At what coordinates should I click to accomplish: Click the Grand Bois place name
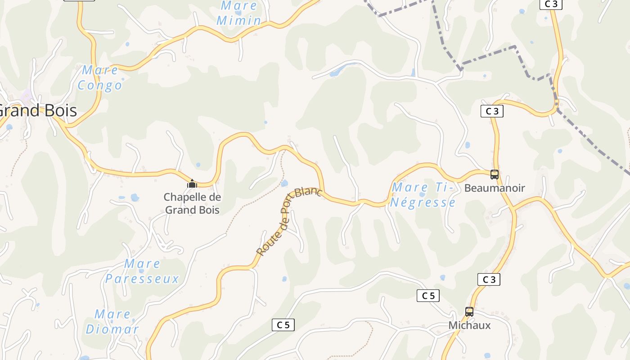38,111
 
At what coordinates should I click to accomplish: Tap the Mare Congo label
100,78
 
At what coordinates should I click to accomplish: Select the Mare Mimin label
239,13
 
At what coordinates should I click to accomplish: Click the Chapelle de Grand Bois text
192,203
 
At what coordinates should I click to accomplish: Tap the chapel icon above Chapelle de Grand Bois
192,184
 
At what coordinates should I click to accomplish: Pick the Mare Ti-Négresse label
423,195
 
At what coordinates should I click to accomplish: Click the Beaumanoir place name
495,188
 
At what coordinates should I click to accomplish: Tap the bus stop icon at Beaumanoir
494,175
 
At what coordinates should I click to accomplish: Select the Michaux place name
469,325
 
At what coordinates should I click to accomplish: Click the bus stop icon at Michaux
469,311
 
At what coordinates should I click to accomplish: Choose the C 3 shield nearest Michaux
489,279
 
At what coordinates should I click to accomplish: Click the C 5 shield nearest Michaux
428,296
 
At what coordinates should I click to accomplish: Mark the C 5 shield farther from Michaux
283,325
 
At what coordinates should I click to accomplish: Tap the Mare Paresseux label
142,271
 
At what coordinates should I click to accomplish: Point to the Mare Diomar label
112,322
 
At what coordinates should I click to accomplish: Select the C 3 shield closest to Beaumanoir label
492,111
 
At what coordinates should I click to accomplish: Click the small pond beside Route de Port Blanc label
284,183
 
